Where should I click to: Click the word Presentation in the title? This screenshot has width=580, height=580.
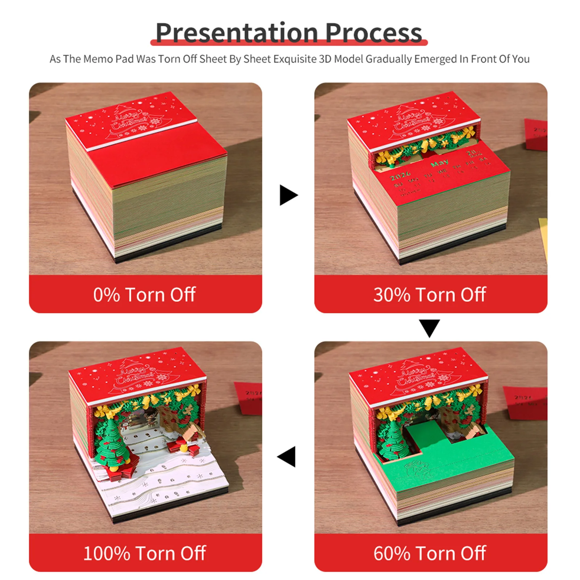[x=237, y=33]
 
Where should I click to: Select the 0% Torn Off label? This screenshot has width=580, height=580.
[x=145, y=295]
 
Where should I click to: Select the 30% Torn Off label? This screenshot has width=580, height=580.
[x=430, y=295]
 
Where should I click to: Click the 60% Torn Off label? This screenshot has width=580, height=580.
[x=430, y=553]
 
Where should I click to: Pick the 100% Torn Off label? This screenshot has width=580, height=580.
[x=145, y=553]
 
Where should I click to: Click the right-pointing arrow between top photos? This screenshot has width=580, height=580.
[x=288, y=195]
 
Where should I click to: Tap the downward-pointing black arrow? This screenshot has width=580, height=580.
[x=429, y=327]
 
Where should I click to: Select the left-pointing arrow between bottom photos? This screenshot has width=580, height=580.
[x=287, y=456]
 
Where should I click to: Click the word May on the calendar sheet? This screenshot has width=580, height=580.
[x=440, y=164]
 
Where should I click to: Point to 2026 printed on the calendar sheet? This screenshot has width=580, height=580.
[x=400, y=176]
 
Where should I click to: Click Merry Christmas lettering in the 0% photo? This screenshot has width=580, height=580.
[x=130, y=122]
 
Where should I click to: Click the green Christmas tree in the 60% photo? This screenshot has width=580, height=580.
[x=392, y=440]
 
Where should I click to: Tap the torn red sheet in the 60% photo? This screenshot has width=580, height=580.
[x=525, y=402]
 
